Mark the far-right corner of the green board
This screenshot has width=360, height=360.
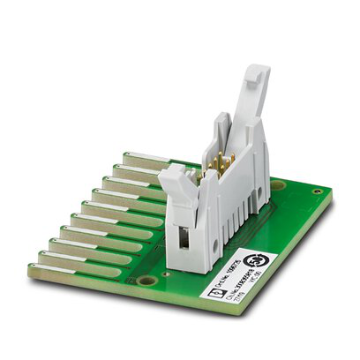[332, 199]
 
